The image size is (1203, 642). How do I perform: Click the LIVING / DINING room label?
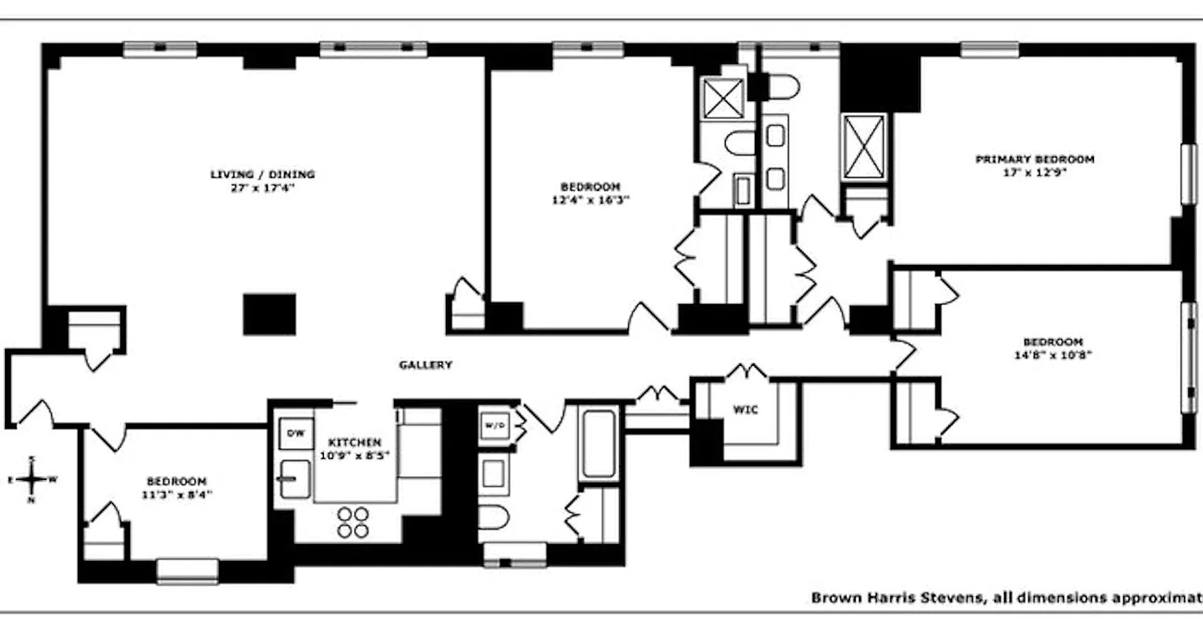click(262, 174)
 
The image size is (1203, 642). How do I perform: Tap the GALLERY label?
click(426, 365)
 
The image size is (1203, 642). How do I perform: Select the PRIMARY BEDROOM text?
click(1035, 160)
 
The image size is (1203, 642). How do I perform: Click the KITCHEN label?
click(354, 442)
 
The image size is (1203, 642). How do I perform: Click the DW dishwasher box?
click(296, 433)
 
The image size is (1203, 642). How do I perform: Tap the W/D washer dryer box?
click(493, 425)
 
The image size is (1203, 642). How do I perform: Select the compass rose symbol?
click(31, 480)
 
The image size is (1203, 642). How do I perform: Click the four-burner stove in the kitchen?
click(353, 522)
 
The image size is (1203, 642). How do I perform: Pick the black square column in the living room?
click(269, 314)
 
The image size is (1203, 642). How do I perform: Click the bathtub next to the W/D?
click(597, 444)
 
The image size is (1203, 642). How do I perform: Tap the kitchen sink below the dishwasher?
click(294, 478)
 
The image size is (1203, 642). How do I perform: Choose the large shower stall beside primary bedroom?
click(864, 145)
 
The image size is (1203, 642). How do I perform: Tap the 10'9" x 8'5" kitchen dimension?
click(354, 456)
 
